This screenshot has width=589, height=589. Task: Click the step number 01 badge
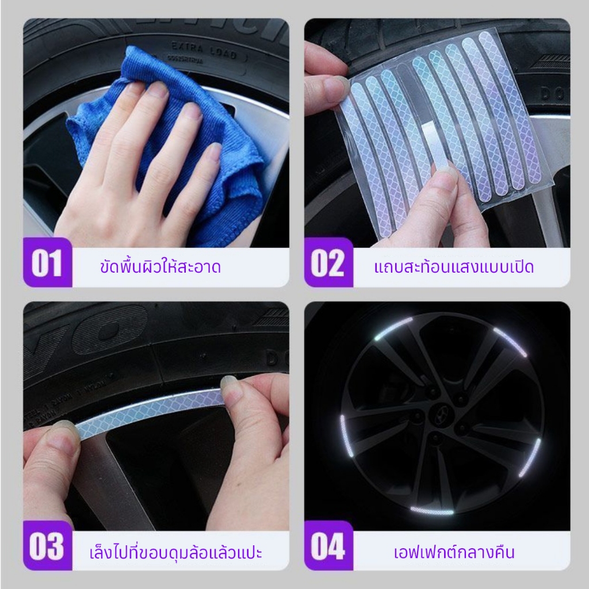click(48, 262)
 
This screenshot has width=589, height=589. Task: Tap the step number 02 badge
click(328, 262)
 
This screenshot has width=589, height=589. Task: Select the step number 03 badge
click(48, 545)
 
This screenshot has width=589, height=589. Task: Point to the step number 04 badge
click(328, 545)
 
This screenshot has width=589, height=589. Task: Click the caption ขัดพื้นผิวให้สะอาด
click(160, 266)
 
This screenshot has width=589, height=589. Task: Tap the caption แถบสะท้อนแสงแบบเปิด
click(454, 266)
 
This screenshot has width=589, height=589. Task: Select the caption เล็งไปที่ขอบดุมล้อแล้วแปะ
click(175, 552)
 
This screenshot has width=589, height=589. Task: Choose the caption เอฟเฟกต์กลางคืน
click(454, 552)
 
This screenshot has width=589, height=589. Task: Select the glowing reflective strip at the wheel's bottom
click(432, 511)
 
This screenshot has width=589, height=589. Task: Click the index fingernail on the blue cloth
click(158, 90)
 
